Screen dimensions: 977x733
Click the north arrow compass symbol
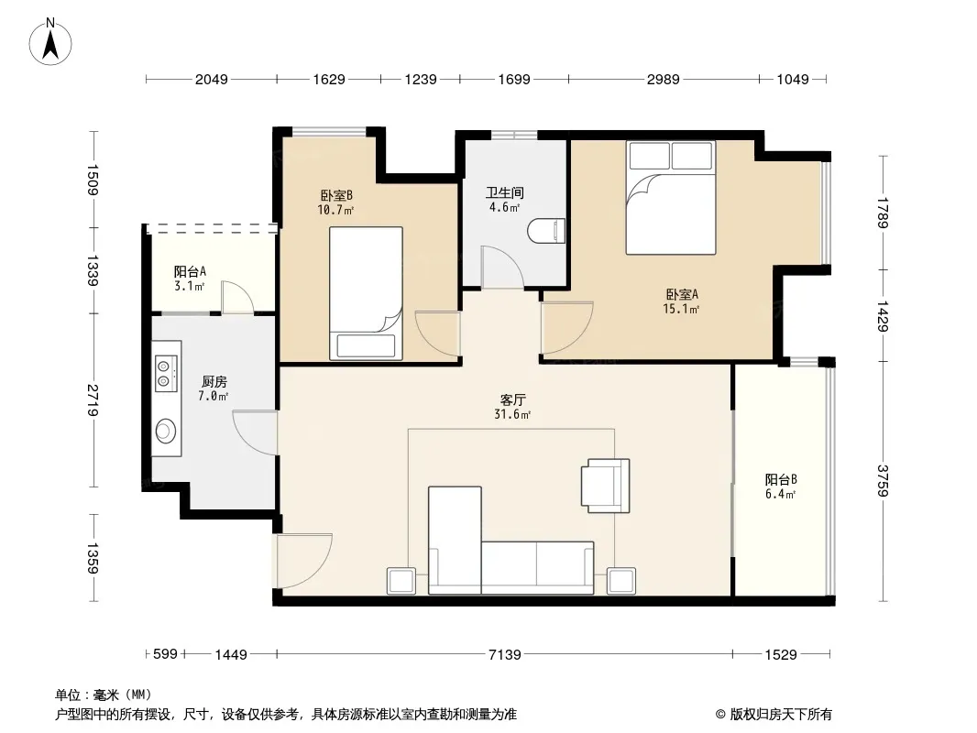(50, 42)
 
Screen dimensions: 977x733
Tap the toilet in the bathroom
(546, 230)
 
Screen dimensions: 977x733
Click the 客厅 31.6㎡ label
(512, 407)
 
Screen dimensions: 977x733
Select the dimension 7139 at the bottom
(505, 654)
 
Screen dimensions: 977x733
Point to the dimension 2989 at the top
(663, 79)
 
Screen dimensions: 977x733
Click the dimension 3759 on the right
(883, 481)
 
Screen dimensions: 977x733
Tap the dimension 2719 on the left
(93, 400)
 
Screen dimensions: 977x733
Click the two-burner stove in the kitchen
(166, 373)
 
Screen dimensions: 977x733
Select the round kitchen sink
(165, 431)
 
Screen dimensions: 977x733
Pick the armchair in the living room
(605, 486)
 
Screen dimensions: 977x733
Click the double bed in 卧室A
(671, 197)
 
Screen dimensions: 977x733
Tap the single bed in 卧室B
(366, 292)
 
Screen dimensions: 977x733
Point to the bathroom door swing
(501, 268)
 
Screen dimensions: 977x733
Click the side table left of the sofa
(401, 581)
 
